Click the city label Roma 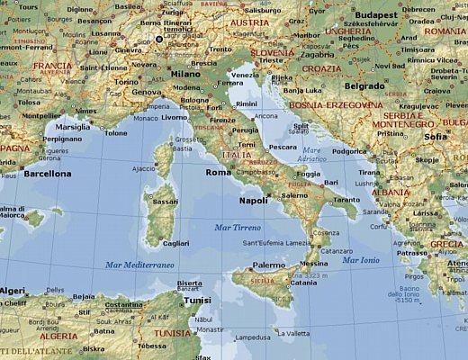point(219,172)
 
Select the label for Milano point(185,74)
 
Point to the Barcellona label point(48,173)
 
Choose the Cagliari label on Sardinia point(175,243)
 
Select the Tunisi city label point(196,301)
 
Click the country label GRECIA point(447,244)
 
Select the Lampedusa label point(251,338)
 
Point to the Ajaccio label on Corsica point(144,168)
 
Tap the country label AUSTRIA point(249,22)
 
